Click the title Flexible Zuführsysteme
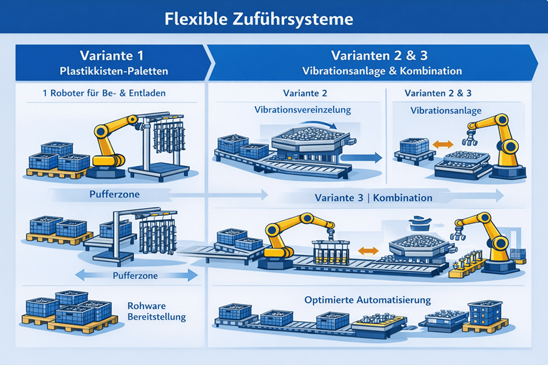(258, 19)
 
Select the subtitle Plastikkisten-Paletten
(114, 71)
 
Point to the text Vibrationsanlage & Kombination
(382, 71)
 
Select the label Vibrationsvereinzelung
(302, 111)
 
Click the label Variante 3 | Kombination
(374, 197)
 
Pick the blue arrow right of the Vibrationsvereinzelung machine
(363, 157)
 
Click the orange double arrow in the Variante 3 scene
(367, 251)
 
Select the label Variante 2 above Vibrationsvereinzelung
(305, 94)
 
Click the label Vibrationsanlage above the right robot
(437, 111)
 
